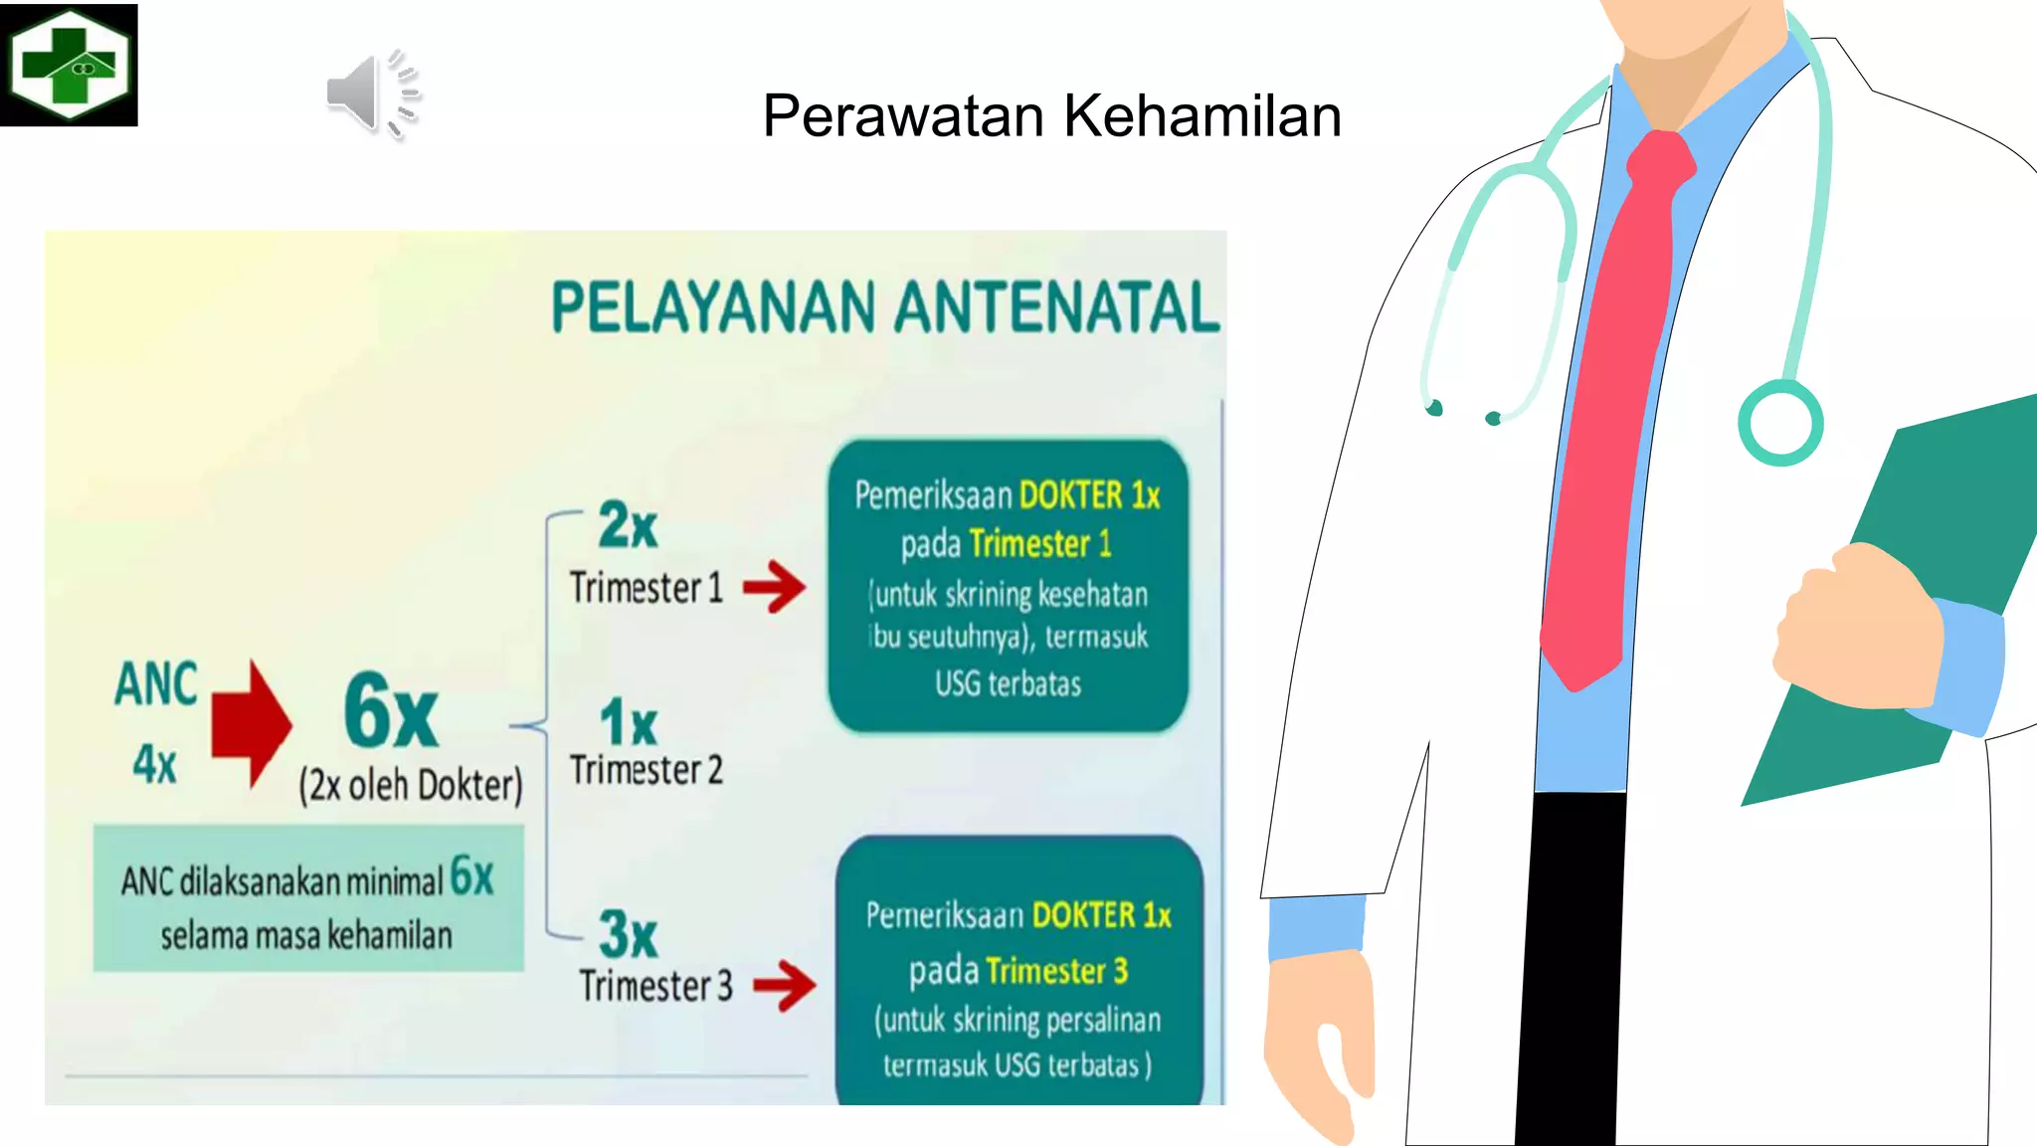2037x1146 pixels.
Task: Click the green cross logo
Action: point(69,65)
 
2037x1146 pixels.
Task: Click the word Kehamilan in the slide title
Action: point(1203,115)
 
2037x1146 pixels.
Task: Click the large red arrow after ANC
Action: point(251,723)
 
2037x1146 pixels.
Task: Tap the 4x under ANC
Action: point(155,764)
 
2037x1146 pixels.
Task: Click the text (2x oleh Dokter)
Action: point(410,786)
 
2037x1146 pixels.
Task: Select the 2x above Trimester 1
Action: point(628,525)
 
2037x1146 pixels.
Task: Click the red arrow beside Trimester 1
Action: point(775,587)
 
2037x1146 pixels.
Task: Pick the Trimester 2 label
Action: point(647,770)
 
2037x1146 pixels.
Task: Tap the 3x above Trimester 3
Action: point(628,934)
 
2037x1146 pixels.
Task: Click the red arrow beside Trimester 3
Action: point(784,985)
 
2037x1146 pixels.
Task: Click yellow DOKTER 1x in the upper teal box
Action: point(1089,495)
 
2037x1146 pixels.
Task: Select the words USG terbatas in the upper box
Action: point(1008,684)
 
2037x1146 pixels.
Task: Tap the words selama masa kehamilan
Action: point(306,936)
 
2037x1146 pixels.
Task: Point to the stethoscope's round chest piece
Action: point(1779,423)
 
